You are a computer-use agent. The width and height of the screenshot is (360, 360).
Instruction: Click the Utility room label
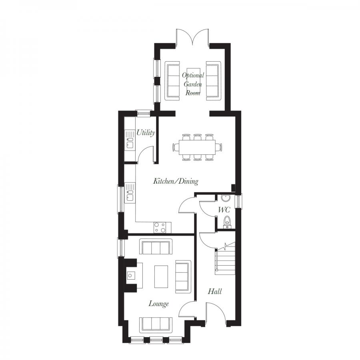(145, 133)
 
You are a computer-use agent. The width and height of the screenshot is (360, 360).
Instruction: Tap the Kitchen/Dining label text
(176, 182)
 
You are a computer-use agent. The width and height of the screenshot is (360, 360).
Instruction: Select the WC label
(223, 210)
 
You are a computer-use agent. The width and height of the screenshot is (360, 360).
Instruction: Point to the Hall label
(215, 292)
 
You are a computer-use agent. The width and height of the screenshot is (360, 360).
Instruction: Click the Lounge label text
(158, 304)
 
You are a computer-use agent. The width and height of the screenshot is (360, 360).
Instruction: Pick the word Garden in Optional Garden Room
(193, 84)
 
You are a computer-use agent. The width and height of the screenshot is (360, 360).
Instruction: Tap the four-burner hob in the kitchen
(161, 228)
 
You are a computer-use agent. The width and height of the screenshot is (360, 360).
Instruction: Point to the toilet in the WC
(227, 221)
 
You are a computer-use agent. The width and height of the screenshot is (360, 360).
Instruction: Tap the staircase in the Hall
(226, 260)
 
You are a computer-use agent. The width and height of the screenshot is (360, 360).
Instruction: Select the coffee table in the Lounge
(162, 276)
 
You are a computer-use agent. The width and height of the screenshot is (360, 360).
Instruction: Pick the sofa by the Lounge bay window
(156, 324)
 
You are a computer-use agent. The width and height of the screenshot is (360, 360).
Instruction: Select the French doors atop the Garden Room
(193, 36)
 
